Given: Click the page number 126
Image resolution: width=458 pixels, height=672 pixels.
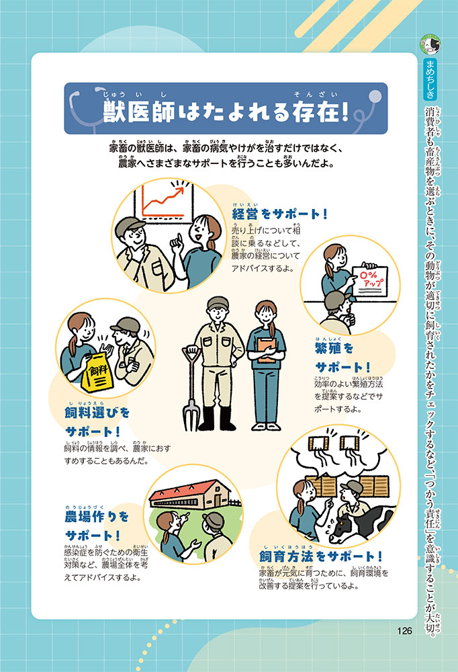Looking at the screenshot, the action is pyautogui.click(x=404, y=631).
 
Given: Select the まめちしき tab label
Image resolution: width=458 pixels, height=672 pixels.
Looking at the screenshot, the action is pyautogui.click(x=430, y=79).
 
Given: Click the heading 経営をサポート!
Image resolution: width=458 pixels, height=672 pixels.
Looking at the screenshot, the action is pyautogui.click(x=279, y=214).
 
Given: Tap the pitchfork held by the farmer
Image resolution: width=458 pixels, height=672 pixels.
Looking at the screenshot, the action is pyautogui.click(x=191, y=388).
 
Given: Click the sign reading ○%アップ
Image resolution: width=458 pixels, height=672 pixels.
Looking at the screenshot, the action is pyautogui.click(x=369, y=281).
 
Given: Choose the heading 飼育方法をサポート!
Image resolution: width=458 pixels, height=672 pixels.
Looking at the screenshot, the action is pyautogui.click(x=320, y=556).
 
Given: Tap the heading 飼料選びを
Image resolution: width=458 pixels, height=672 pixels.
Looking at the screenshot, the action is pyautogui.click(x=97, y=413).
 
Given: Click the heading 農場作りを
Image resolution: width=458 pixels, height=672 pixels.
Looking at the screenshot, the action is pyautogui.click(x=97, y=517).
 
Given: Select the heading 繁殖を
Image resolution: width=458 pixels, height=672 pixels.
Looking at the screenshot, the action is pyautogui.click(x=334, y=347).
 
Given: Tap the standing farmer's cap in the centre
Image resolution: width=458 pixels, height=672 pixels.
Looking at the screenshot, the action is pyautogui.click(x=218, y=302).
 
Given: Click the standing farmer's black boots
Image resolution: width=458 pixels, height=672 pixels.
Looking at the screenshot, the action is pyautogui.click(x=217, y=418).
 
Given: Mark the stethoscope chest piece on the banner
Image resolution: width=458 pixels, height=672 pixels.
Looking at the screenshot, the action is pyautogui.click(x=375, y=95).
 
